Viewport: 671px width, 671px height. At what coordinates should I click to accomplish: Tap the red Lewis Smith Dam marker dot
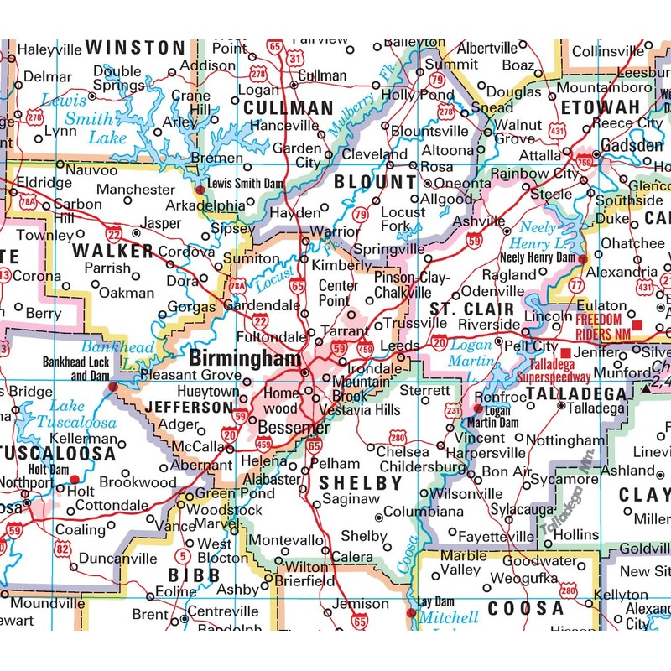click(x=200, y=190)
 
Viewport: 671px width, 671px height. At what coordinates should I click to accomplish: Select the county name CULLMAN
click(x=288, y=108)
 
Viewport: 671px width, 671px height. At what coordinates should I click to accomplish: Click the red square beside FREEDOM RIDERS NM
click(x=637, y=325)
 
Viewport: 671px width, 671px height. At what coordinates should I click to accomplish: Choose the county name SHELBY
click(x=361, y=483)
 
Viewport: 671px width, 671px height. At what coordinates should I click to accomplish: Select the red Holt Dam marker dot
click(x=74, y=480)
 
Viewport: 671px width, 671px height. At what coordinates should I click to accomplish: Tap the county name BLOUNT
click(x=374, y=181)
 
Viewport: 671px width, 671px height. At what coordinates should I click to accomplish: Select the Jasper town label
click(x=162, y=224)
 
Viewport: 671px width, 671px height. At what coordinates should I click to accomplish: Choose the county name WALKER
click(x=112, y=251)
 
